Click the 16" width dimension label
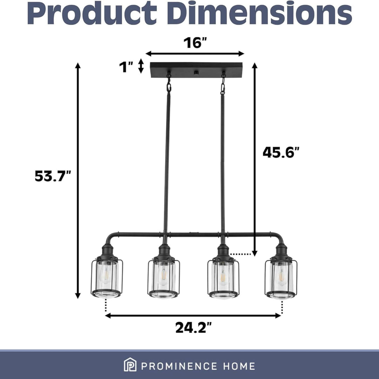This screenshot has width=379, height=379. coord(195,43)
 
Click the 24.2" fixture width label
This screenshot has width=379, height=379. coord(194,328)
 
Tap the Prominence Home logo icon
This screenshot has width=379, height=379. coord(130,366)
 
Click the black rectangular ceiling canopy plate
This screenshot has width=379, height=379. coord(194,70)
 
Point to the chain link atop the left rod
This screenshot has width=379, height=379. coord(169,84)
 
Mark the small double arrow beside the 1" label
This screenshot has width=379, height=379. coord(141,66)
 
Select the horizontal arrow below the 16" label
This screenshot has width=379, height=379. coord(195,54)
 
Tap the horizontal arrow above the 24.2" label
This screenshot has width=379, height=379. coord(193,315)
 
